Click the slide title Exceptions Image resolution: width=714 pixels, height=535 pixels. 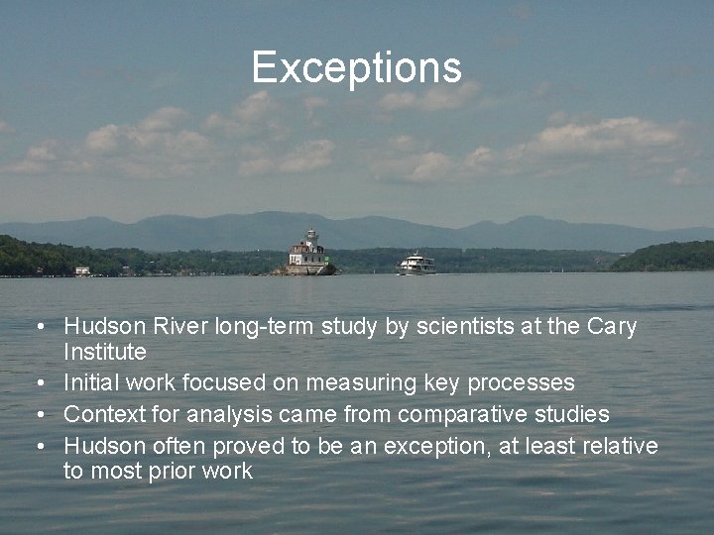click(356, 67)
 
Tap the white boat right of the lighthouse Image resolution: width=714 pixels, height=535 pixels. click(416, 264)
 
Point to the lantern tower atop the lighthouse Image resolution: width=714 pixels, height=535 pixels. click(311, 238)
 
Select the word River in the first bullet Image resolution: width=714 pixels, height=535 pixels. click(176, 327)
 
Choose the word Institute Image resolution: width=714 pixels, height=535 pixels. click(105, 352)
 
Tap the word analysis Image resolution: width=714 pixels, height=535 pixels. click(241, 413)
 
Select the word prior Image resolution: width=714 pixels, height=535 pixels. click(182, 471)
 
